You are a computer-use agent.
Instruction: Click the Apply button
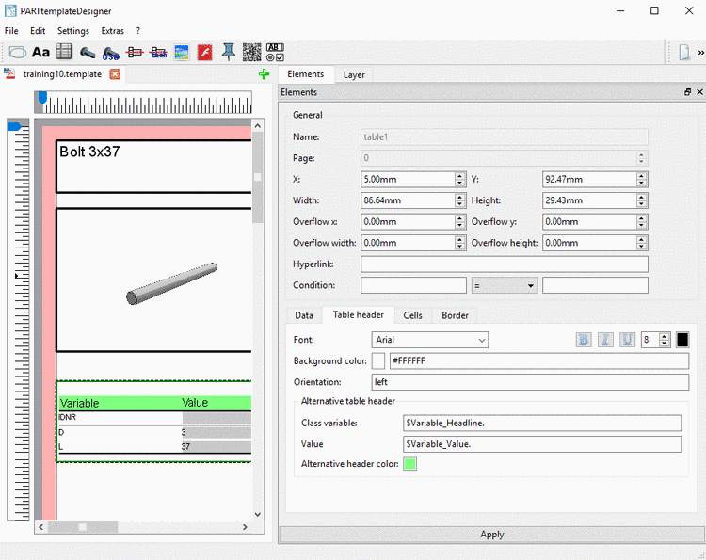point(491,534)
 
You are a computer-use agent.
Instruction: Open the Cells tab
point(412,315)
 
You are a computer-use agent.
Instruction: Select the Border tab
point(455,315)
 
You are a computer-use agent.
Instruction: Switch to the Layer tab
point(354,74)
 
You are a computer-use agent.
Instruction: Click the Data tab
point(304,315)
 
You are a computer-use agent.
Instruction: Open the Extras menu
point(112,31)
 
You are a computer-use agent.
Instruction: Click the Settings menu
point(73,31)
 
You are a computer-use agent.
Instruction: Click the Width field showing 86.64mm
point(407,200)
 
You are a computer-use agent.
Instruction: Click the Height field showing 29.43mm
point(588,200)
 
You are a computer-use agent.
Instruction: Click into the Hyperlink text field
point(504,264)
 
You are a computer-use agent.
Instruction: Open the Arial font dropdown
point(429,340)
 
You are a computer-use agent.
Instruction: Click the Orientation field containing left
point(530,382)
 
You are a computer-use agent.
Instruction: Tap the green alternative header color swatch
point(409,464)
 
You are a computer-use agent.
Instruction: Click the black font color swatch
point(682,340)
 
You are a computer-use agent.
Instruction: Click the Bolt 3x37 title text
point(89,152)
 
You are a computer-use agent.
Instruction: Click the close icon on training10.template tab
point(115,73)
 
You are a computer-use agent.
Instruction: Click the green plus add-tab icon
point(264,73)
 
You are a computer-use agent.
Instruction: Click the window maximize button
point(654,10)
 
